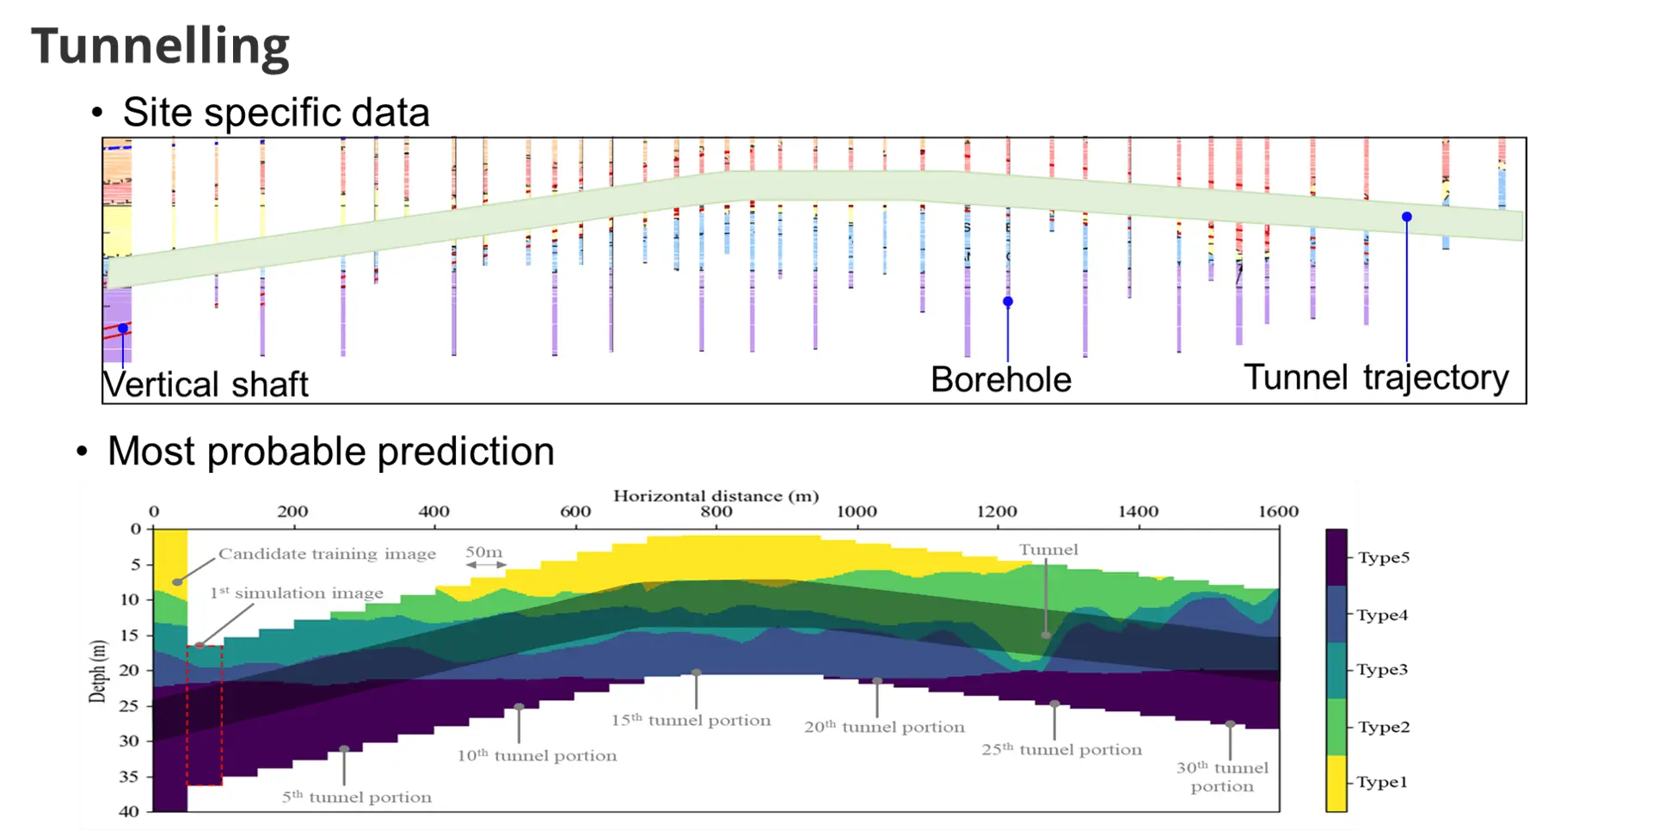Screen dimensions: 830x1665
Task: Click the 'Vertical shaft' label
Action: (x=206, y=384)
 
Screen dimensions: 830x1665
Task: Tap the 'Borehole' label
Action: (x=1001, y=380)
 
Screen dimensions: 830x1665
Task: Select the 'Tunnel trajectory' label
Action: (x=1376, y=378)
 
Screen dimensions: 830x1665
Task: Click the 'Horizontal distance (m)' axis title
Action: (x=716, y=496)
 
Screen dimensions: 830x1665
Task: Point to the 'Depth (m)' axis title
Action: (x=98, y=671)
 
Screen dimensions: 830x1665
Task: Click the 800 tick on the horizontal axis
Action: (x=716, y=512)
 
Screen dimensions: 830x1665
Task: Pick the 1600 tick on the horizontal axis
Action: (x=1278, y=512)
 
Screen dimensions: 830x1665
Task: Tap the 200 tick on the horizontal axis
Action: (x=292, y=512)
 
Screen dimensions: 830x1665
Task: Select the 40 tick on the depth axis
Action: (x=128, y=811)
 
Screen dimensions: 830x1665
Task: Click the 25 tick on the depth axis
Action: (x=128, y=706)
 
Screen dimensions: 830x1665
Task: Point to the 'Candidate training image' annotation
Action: (x=327, y=554)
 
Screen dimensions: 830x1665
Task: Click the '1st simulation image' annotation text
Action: (x=297, y=593)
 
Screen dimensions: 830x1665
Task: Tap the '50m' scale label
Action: (x=484, y=552)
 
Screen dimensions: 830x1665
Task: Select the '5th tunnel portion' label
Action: (x=357, y=797)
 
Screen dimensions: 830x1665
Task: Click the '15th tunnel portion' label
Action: (x=691, y=721)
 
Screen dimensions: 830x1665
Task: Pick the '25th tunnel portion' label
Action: (x=1061, y=750)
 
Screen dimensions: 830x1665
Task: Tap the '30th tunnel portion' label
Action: (x=1222, y=777)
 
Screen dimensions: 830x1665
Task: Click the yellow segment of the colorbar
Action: (x=1336, y=783)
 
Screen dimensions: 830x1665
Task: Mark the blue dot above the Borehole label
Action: (x=1008, y=302)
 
